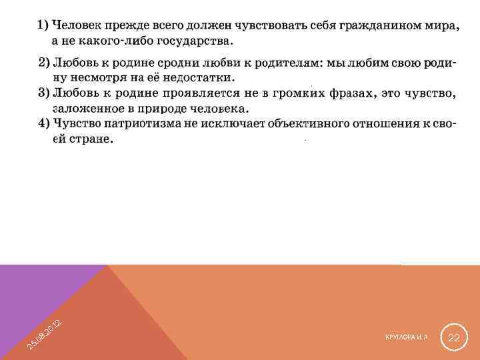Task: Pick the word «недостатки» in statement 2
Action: [197, 77]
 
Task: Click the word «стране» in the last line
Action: [92, 139]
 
